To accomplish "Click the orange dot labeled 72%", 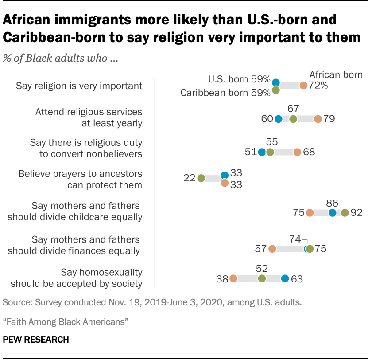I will point(303,86).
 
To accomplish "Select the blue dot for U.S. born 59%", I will point(276,82).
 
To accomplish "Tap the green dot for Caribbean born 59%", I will point(276,90).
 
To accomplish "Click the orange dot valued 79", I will point(318,119).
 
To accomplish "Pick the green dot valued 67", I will point(293,119).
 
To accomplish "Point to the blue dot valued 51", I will point(262,152).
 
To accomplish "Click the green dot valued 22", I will point(201,179).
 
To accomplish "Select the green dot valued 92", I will point(345,213).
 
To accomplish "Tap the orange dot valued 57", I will point(272,249).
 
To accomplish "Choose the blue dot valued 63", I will point(285,278).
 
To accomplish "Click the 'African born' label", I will point(336,74).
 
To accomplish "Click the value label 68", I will point(309,152).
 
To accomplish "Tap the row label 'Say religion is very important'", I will point(79,86).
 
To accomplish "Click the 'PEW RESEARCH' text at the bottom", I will point(36,340).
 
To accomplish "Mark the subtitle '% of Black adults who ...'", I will point(60,59).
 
